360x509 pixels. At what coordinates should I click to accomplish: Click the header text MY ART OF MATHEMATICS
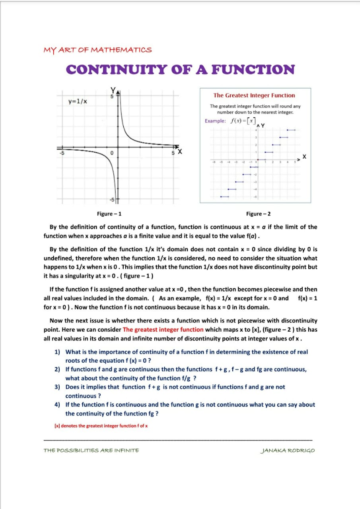(x=97, y=50)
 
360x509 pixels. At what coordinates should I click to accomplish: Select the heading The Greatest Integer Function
(x=254, y=95)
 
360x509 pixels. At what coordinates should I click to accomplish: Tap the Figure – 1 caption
(x=109, y=214)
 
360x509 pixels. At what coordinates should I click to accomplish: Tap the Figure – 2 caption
(x=259, y=214)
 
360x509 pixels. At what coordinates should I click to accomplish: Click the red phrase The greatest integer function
(x=163, y=330)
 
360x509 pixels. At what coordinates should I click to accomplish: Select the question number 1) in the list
(x=57, y=352)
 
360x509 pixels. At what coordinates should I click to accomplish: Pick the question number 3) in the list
(x=57, y=387)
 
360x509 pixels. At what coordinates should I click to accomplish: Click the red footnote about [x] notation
(x=101, y=426)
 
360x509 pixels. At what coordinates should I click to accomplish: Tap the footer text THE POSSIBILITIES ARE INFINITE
(x=91, y=451)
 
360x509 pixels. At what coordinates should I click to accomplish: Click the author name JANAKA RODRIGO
(x=288, y=451)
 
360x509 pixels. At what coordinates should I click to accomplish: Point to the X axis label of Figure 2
(x=305, y=157)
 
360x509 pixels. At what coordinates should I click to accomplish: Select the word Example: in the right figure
(x=215, y=121)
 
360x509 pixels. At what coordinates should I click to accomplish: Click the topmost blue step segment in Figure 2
(x=291, y=130)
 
